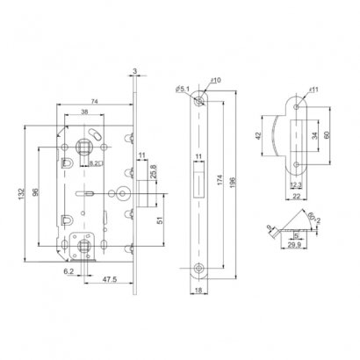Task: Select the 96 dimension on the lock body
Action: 33,194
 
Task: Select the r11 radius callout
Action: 313,89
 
